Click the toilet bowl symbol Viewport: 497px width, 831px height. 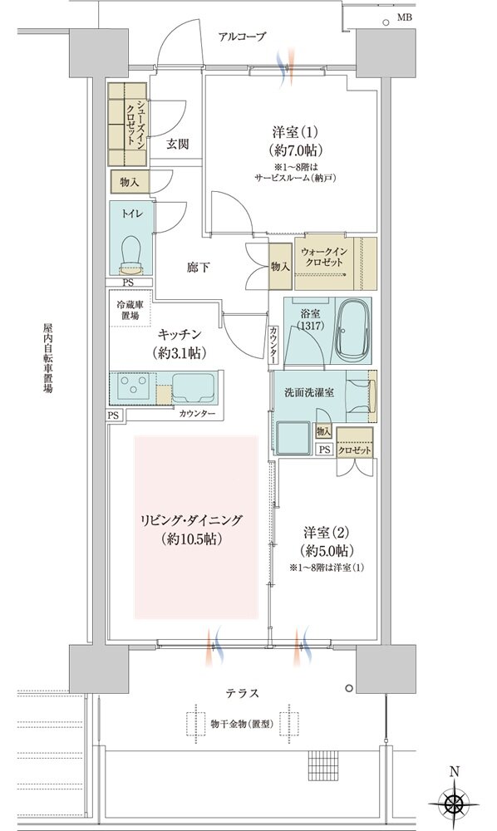click(x=132, y=252)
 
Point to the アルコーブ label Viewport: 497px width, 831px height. click(x=242, y=37)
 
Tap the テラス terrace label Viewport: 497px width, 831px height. click(x=243, y=693)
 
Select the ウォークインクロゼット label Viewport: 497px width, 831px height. click(x=322, y=258)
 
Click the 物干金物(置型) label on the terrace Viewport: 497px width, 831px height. click(x=242, y=724)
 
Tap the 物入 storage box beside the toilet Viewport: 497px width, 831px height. click(x=130, y=182)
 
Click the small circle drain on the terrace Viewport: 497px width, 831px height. click(x=348, y=688)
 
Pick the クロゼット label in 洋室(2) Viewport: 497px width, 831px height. click(x=355, y=450)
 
